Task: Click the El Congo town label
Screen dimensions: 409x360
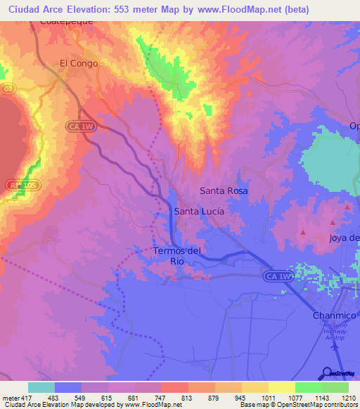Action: coord(78,63)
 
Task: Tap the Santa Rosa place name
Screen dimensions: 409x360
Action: coord(224,190)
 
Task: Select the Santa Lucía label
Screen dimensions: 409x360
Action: coord(199,211)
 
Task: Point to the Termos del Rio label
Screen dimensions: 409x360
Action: coord(177,256)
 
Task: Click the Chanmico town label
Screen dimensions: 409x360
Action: coord(335,316)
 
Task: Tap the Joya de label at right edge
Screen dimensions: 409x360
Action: coord(345,238)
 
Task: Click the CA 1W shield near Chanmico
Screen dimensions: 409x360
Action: coord(278,277)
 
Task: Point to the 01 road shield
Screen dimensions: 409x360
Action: coord(8,89)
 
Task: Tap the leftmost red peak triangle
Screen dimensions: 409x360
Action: coord(303,232)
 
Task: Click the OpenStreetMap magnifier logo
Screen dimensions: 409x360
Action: coord(326,373)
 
